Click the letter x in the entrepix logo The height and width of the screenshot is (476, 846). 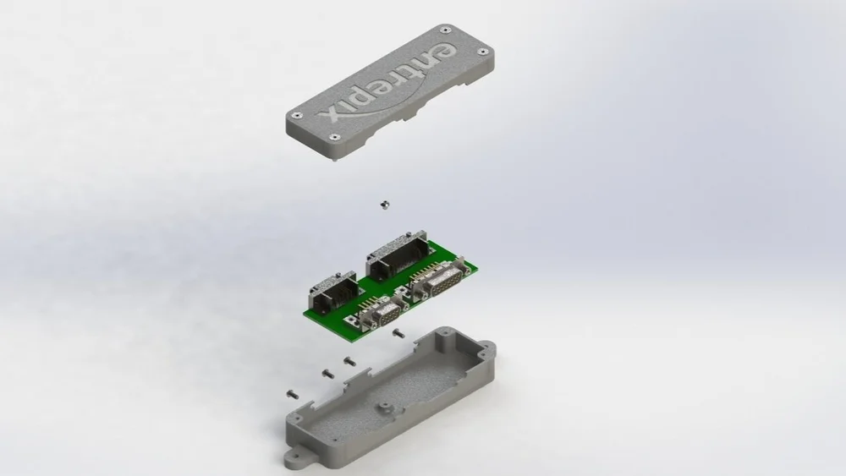point(330,114)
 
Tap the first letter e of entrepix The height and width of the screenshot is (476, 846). point(440,52)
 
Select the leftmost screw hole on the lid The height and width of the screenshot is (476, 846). point(295,116)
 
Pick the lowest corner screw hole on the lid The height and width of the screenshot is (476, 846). point(336,137)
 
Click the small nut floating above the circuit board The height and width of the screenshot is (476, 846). point(382,204)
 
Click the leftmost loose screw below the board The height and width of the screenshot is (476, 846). point(293,393)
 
